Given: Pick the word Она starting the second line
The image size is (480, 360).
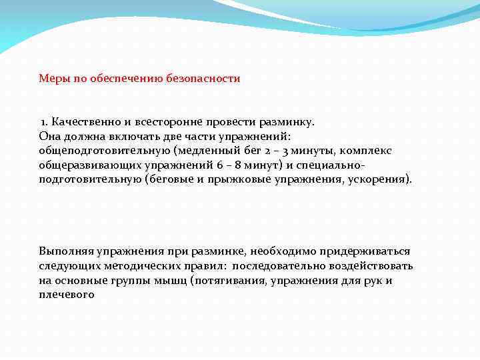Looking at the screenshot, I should pos(49,137).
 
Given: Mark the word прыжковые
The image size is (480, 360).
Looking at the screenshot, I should pos(243,180).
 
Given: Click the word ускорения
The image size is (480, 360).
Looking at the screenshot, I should pos(381,180).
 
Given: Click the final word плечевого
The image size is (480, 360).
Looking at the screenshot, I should pos(67,295).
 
